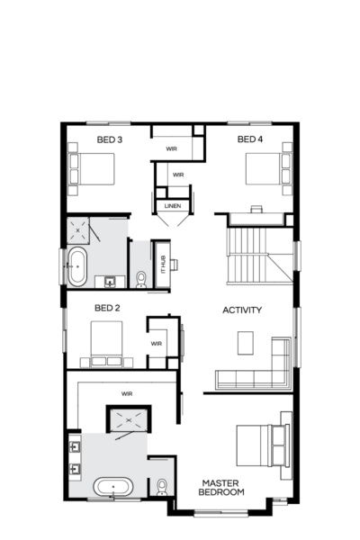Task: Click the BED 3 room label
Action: coord(110,139)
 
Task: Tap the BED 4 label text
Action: coord(250,139)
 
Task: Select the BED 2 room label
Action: coord(108,308)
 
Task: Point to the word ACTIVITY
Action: coord(242,310)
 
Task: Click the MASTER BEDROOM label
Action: coord(221,487)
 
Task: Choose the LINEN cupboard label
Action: coord(173,206)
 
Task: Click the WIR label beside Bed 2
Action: coord(156,343)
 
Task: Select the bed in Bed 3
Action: coord(92,168)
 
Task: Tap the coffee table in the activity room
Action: coord(247,343)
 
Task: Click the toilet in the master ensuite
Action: coord(162,487)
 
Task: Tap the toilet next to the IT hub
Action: coord(141,279)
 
